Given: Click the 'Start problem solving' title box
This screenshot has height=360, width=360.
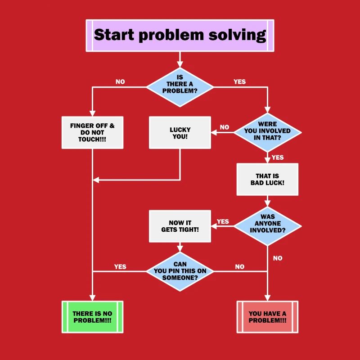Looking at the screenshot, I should tap(180, 35).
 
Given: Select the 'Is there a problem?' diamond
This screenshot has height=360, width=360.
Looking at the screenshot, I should tap(180, 84).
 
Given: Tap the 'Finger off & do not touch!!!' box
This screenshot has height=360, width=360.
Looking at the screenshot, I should tap(92, 133).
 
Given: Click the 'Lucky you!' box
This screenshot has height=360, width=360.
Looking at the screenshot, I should tap(180, 133).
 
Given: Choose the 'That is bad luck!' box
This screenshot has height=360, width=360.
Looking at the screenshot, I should tap(267, 179).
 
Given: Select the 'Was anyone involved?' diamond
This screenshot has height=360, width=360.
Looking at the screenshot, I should tap(267, 224).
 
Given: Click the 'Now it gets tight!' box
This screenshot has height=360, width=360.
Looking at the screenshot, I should tap(180, 226).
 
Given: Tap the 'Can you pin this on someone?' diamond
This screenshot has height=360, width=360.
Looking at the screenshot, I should tap(180, 271).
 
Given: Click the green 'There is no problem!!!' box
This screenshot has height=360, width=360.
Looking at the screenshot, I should tap(92, 317).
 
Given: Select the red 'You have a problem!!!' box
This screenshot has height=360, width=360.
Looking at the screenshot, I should tap(267, 317).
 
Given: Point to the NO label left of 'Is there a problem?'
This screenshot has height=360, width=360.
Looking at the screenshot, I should tap(120, 82).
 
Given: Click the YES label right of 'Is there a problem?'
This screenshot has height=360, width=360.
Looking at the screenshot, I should tap(240, 82).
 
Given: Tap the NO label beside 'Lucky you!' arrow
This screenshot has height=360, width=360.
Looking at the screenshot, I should tap(225, 127).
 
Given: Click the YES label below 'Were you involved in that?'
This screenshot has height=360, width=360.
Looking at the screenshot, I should tap(278, 157).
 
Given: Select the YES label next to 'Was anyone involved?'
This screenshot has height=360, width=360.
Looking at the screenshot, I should tap(223, 221).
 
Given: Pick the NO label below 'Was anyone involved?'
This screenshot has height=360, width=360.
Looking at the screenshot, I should tap(278, 258).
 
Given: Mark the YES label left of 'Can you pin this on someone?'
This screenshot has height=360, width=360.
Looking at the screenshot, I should tap(120, 267).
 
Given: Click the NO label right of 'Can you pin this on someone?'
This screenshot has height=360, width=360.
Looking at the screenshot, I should tap(240, 267).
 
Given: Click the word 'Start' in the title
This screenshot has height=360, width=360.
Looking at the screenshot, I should tap(114, 35).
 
